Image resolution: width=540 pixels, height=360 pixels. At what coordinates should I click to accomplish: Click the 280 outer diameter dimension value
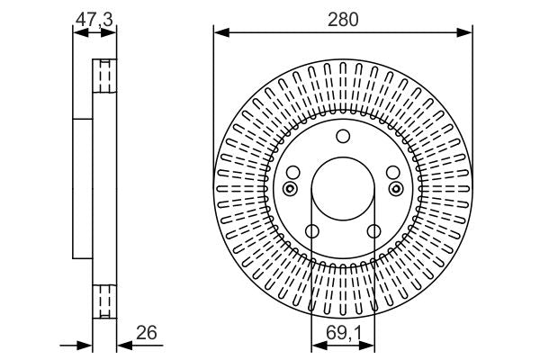343,18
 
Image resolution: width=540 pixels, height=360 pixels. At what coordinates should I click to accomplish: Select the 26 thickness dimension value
146,333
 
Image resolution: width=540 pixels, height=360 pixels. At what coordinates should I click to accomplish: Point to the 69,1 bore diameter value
343,333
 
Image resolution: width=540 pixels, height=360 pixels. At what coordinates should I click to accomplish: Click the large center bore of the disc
342,189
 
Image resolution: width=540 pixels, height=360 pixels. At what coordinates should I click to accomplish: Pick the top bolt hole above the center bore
342,137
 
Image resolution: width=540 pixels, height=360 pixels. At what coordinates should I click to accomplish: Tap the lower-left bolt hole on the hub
311,232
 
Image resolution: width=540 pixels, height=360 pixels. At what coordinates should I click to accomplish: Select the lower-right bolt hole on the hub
373,232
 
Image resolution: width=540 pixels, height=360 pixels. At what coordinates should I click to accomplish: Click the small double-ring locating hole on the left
289,188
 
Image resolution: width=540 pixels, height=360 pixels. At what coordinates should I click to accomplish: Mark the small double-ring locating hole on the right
396,188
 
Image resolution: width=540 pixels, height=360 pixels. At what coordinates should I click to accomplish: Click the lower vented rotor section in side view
104,299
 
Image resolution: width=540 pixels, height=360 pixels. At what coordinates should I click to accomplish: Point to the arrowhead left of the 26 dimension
86,345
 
